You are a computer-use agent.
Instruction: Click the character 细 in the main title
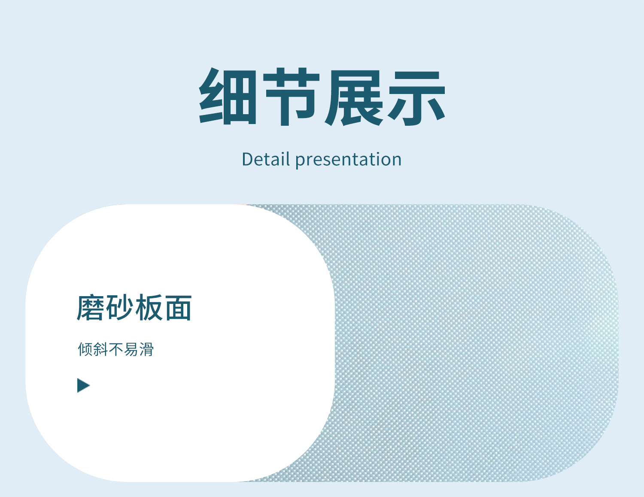227,97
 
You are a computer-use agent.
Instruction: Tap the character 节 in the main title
291,97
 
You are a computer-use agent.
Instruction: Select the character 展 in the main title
354,98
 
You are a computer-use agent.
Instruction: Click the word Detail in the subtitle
266,159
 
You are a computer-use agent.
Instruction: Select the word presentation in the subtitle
349,160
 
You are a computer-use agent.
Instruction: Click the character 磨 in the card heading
91,308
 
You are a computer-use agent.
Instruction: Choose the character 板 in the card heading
149,308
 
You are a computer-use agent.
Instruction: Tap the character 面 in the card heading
178,308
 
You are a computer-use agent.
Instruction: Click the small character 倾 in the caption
85,349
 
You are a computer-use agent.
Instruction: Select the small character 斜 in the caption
100,349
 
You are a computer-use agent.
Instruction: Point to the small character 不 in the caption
116,349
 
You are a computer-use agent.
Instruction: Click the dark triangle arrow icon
83,385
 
